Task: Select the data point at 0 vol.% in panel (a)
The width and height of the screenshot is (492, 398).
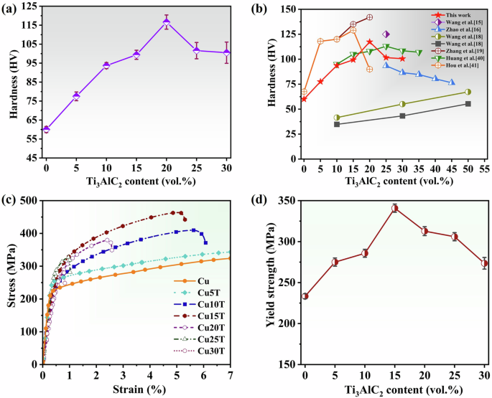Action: pos(46,129)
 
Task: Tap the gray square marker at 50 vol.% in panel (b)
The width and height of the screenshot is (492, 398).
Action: pos(468,104)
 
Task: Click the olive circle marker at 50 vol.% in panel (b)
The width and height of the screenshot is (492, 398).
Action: pos(468,92)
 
